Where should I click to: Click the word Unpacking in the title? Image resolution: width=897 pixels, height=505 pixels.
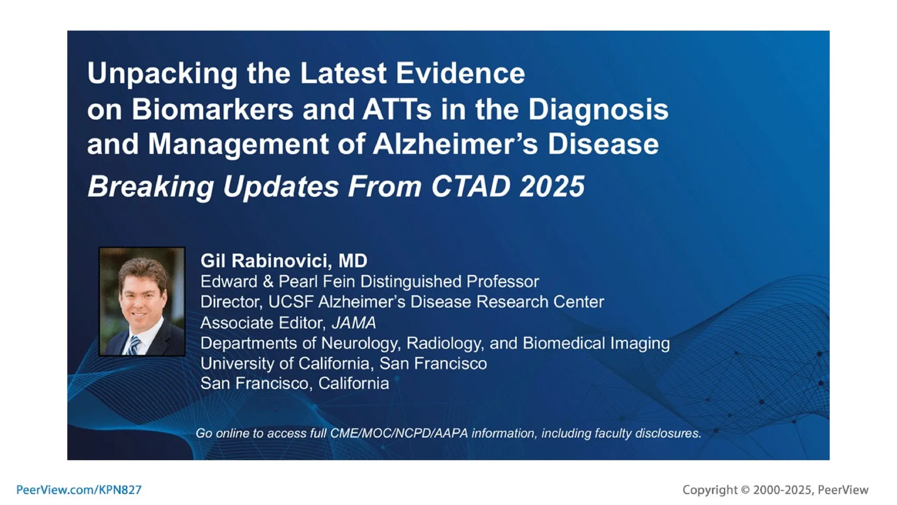[x=162, y=73]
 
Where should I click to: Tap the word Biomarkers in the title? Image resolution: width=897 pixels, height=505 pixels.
[x=212, y=110]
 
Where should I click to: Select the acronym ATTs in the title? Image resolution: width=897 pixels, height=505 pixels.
[x=397, y=110]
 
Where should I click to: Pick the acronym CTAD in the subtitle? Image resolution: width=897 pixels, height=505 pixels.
[x=471, y=186]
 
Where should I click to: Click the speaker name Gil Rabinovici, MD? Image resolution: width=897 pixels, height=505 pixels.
[x=284, y=261]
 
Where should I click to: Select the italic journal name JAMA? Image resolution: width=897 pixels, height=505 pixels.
[x=354, y=323]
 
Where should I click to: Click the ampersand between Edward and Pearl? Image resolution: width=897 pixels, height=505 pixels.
[x=268, y=282]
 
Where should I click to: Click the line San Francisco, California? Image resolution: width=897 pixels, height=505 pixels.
[x=294, y=384]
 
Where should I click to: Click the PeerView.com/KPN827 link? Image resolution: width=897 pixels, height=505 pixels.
[x=79, y=490]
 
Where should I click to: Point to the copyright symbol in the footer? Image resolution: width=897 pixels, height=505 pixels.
[x=745, y=490]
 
